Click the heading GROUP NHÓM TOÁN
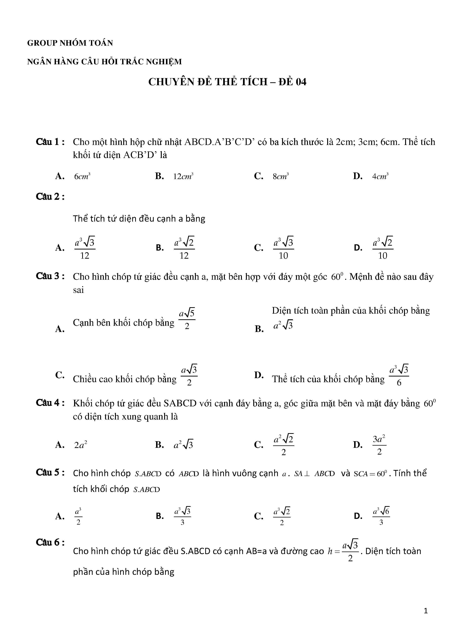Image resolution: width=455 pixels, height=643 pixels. click(70, 43)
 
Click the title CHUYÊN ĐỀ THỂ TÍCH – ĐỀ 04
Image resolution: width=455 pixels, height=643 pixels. click(227, 82)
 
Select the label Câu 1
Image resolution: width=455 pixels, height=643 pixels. click(50, 142)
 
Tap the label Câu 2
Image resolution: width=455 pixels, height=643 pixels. click(50, 197)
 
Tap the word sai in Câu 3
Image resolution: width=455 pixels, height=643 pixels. click(78, 290)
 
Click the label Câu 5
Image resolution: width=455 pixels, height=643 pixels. click(50, 473)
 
